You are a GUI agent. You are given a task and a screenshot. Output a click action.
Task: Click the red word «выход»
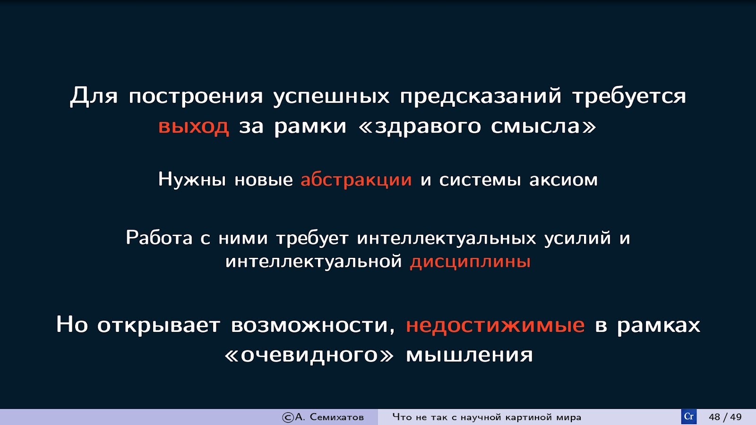pos(194,127)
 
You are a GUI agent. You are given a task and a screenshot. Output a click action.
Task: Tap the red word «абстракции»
pos(356,179)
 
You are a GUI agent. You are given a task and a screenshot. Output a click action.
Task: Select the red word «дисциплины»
pos(470,262)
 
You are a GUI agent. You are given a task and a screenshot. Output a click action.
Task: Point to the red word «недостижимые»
pos(495,325)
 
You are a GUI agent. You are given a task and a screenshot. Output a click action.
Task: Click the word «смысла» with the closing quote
pos(543,127)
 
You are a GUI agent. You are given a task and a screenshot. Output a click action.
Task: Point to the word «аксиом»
pos(563,180)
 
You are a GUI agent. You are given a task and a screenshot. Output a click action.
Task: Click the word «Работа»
pos(159,238)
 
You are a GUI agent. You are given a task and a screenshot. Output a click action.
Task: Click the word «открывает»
pos(159,326)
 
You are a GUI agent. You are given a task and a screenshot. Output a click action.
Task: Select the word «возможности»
pos(313,326)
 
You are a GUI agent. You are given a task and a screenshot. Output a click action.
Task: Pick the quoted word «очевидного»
pos(309,356)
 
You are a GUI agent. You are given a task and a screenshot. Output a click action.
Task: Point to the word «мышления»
pos(469,356)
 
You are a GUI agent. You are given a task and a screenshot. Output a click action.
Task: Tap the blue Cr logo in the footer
pos(688,417)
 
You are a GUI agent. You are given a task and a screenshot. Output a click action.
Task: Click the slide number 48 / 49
pos(725,417)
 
